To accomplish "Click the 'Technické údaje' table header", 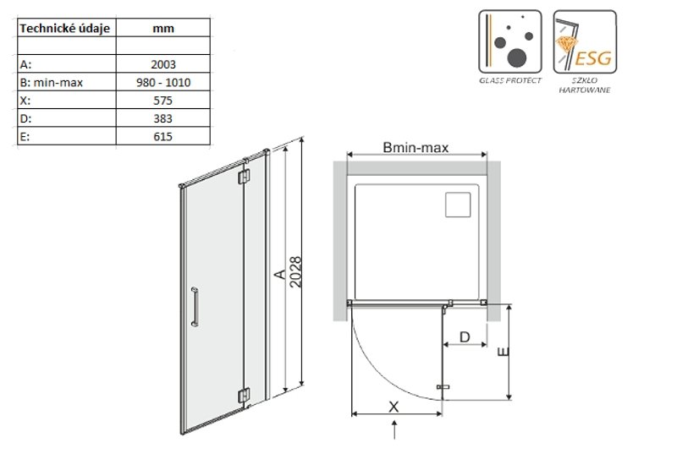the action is (x=65, y=29).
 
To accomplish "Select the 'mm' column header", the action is (x=163, y=29).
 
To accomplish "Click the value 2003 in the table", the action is (x=163, y=64).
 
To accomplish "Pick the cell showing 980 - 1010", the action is (x=163, y=82).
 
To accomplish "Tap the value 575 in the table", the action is (x=162, y=101).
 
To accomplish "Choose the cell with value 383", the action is (x=162, y=118).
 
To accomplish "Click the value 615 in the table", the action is (x=162, y=137).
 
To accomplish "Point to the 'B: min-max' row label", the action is (x=51, y=82).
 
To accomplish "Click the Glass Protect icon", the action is (x=510, y=41).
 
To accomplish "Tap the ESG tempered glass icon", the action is (x=585, y=41).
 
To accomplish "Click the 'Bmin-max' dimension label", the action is (x=416, y=147).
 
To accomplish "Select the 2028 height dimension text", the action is (x=295, y=272).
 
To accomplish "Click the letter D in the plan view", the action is (x=465, y=336).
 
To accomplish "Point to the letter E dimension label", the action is (x=503, y=352).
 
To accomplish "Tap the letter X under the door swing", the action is (x=394, y=407).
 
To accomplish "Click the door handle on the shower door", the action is (x=195, y=307).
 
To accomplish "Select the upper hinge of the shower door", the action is (x=244, y=177).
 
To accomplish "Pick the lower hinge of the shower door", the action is (x=244, y=396).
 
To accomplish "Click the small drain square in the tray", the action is (x=458, y=205).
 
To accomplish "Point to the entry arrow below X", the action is (x=394, y=430).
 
